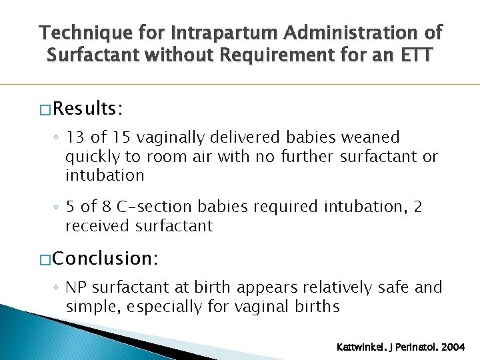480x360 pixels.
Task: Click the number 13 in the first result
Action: point(75,138)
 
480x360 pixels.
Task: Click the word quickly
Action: point(91,157)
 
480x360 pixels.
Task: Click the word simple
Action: point(92,307)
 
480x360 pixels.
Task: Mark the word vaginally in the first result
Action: point(173,138)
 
